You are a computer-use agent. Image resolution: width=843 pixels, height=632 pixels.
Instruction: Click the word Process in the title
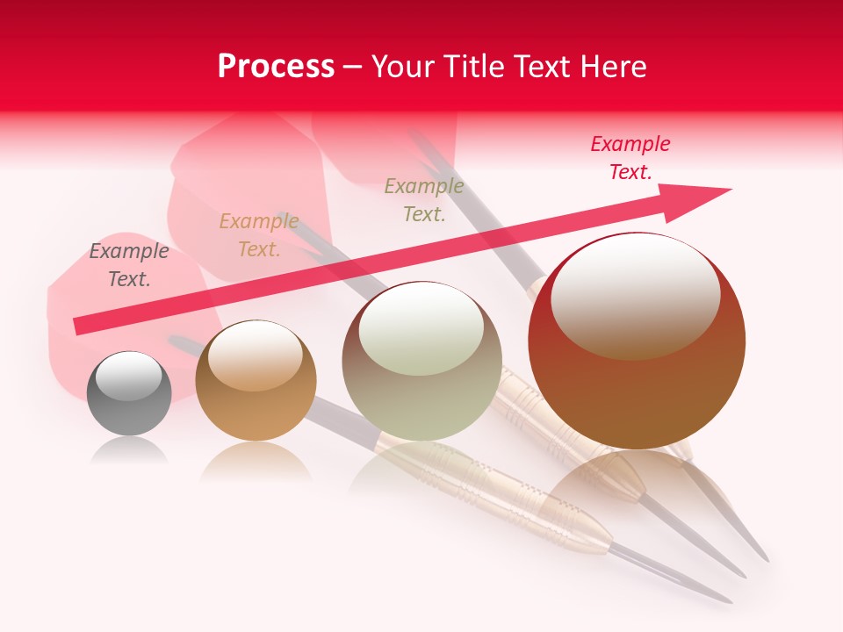[x=276, y=67]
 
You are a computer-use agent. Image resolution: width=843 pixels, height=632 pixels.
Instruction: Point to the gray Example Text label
[x=129, y=265]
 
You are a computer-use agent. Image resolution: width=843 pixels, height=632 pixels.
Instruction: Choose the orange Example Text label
[x=259, y=235]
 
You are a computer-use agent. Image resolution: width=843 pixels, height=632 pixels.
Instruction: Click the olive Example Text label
[x=424, y=199]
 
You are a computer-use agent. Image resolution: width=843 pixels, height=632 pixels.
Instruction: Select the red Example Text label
[x=630, y=157]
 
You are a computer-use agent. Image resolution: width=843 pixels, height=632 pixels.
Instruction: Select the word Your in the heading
[x=402, y=67]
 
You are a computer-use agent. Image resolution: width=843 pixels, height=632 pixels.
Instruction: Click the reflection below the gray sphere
[x=129, y=451]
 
